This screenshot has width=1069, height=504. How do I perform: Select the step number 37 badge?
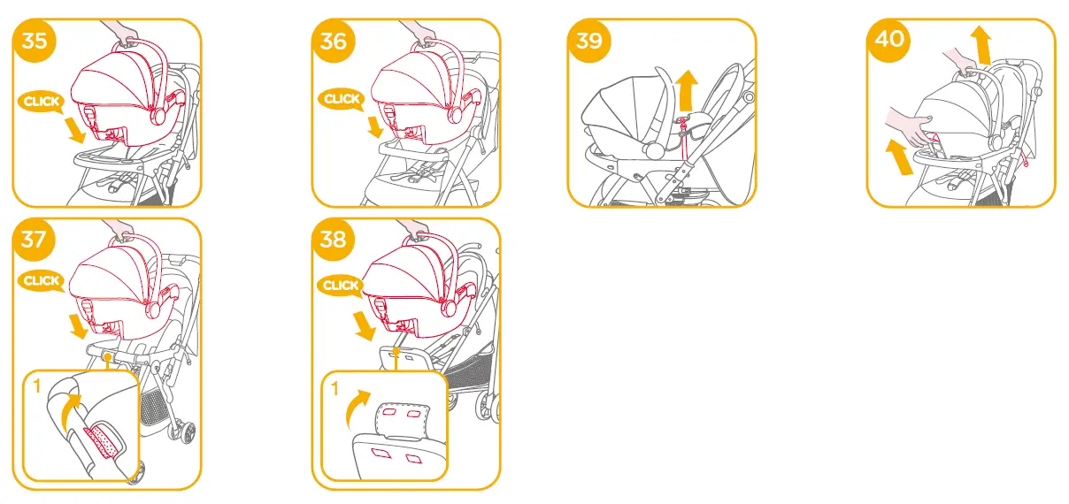(34, 240)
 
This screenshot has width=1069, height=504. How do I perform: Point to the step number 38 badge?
(334, 240)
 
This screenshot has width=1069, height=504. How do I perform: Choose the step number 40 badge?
(888, 41)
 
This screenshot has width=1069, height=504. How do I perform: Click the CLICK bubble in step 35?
(41, 102)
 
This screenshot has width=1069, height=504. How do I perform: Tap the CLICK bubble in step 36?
(341, 99)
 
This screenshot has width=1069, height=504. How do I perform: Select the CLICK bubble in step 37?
(41, 281)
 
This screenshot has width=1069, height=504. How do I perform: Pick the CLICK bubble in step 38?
(341, 286)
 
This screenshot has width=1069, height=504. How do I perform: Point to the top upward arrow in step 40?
(979, 42)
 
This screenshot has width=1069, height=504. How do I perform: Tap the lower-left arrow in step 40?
(896, 158)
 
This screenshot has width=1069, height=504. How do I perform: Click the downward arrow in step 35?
(74, 131)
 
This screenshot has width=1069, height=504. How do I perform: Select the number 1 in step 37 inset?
(37, 386)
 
